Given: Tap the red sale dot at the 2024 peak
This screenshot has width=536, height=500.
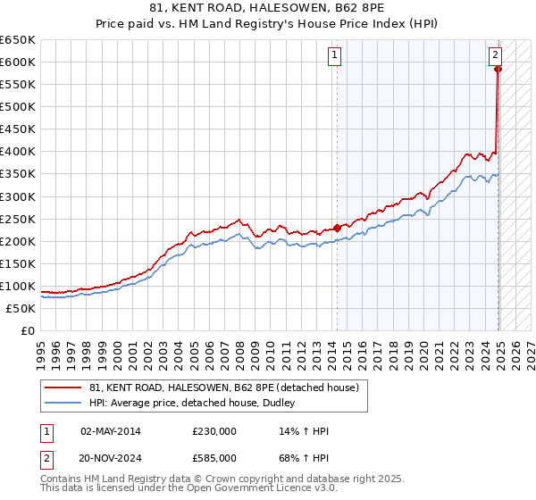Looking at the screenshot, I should pos(498,69).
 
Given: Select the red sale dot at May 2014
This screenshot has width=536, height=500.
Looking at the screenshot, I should pos(337,227).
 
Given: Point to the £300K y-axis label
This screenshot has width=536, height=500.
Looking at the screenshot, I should pos(18,196).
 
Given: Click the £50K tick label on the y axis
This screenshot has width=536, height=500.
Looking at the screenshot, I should pos(21,308).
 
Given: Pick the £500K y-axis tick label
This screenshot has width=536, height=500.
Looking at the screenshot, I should pos(18,106).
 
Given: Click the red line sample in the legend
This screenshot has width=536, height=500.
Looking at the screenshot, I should pos(63,387).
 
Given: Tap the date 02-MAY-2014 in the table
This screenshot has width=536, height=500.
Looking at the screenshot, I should pos(110,431).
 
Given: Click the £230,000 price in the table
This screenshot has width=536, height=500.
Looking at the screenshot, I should pos(214,431).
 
